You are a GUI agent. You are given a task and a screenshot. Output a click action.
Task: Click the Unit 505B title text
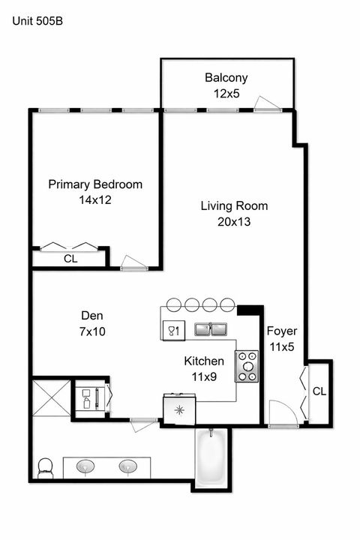(x=37, y=21)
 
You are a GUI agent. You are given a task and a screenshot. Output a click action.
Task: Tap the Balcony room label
(x=226, y=77)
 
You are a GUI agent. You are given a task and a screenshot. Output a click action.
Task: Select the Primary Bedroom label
(x=95, y=184)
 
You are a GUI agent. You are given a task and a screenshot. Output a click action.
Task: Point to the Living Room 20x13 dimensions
(x=233, y=221)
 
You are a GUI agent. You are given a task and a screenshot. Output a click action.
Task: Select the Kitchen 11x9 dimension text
(x=204, y=376)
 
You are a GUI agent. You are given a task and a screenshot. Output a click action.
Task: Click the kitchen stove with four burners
(x=247, y=367)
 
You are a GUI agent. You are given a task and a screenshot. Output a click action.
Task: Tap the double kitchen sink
(x=211, y=328)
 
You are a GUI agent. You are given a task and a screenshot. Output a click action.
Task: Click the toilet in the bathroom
(x=46, y=468)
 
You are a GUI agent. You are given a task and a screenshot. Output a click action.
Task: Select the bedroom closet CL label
(x=70, y=259)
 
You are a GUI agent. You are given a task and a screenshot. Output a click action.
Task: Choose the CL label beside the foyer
(x=319, y=391)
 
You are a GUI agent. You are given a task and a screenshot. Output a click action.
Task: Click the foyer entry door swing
(x=280, y=413)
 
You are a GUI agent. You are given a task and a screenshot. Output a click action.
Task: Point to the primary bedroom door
(x=133, y=262)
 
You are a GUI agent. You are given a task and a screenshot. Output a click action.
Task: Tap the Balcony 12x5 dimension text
(x=226, y=94)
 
